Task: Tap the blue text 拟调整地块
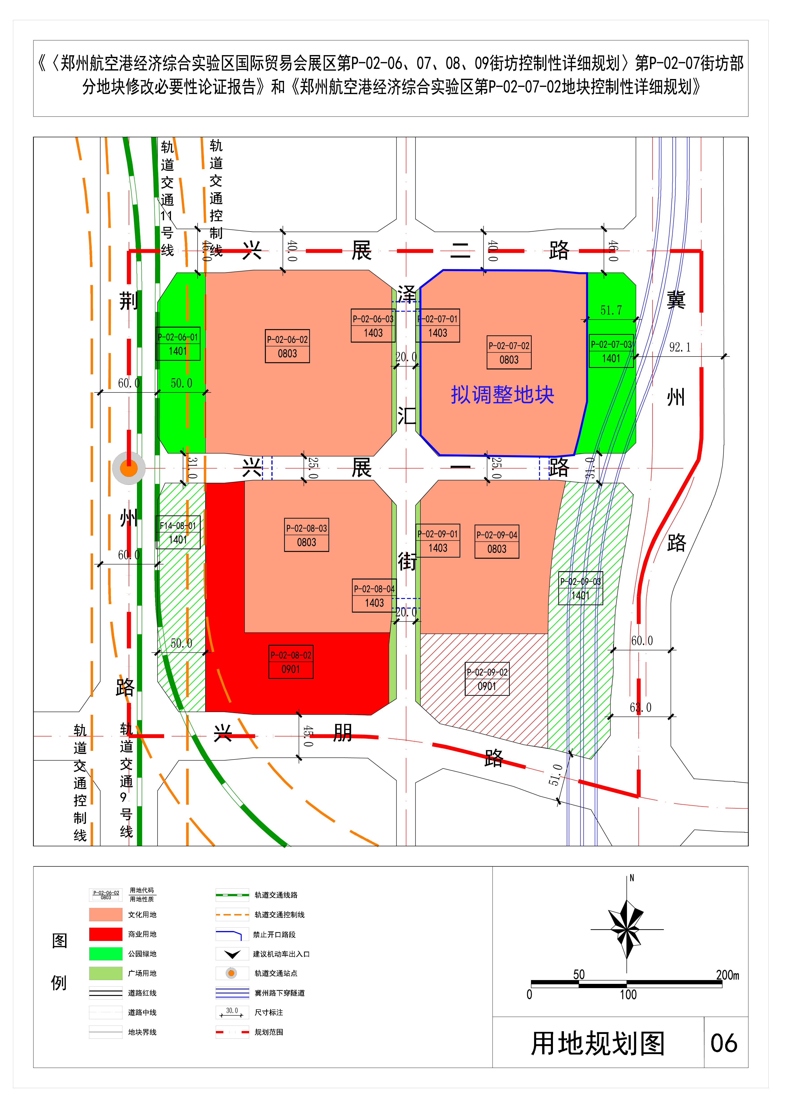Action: [503, 395]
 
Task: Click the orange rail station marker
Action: [129, 468]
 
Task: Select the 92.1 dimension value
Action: [680, 347]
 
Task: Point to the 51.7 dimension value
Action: [611, 310]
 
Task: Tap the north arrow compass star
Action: [627, 929]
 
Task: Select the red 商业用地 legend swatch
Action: [105, 934]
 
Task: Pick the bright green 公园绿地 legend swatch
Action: [105, 954]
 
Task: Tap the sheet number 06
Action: [724, 1043]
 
